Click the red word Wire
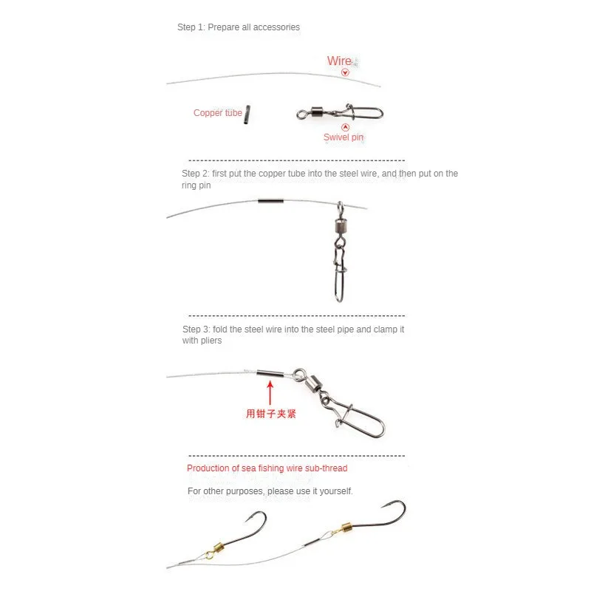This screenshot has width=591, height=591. pyautogui.click(x=339, y=61)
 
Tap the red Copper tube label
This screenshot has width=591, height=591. pyautogui.click(x=217, y=113)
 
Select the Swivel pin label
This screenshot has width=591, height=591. pyautogui.click(x=343, y=137)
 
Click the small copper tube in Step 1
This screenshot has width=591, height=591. pyautogui.click(x=249, y=113)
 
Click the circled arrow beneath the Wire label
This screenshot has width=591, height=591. pyautogui.click(x=345, y=72)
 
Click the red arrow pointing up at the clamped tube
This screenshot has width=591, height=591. pyautogui.click(x=270, y=392)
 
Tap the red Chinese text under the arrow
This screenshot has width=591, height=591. pyautogui.click(x=270, y=414)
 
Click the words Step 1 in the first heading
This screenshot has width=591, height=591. pyautogui.click(x=191, y=27)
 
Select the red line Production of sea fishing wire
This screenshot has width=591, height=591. pyautogui.click(x=267, y=468)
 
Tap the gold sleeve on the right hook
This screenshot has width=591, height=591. pyautogui.click(x=342, y=529)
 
